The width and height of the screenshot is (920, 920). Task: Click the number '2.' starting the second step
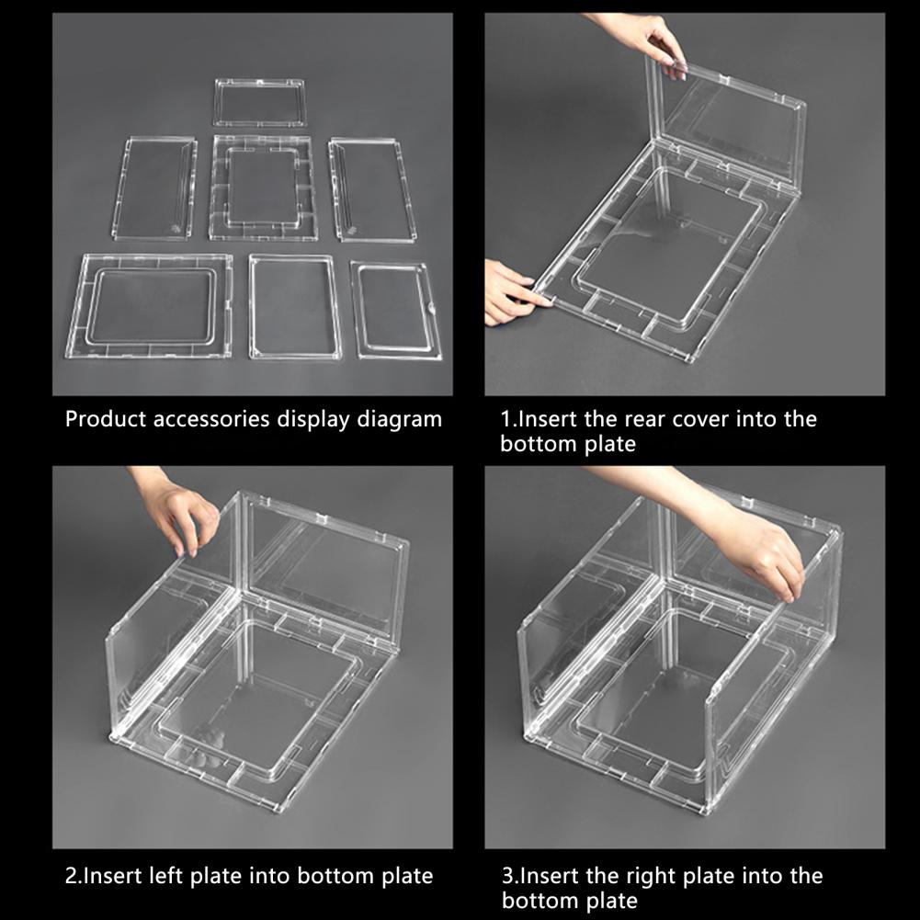pyautogui.click(x=74, y=876)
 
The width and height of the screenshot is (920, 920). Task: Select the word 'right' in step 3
pyautogui.click(x=652, y=877)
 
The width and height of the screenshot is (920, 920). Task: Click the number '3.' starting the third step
pyautogui.click(x=510, y=876)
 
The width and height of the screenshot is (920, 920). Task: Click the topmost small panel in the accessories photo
pyautogui.click(x=259, y=103)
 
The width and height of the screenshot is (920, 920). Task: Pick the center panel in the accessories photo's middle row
pyautogui.click(x=262, y=187)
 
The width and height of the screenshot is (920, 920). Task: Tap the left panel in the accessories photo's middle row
pyautogui.click(x=154, y=188)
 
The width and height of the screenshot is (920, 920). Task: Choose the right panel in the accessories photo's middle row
pyautogui.click(x=373, y=189)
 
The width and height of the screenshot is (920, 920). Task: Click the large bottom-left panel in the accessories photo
pyautogui.click(x=150, y=306)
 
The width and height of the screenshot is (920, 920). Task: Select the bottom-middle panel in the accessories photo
pyautogui.click(x=295, y=306)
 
